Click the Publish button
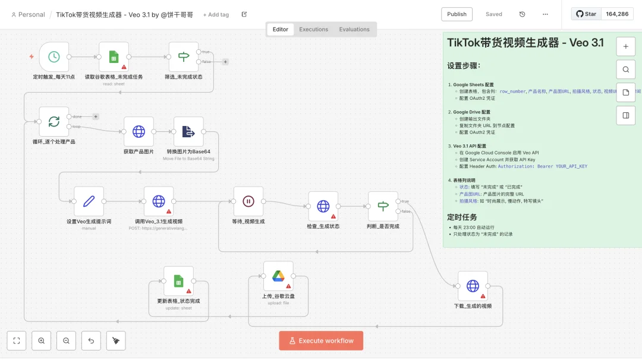pos(457,14)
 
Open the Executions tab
pos(313,29)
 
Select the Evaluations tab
pos(354,29)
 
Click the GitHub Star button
pos(586,14)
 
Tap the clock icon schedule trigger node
pos(54,57)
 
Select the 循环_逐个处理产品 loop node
pos(54,122)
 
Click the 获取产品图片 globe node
pos(139,131)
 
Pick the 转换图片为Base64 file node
pos(188,131)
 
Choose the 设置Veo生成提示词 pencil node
pos(89,201)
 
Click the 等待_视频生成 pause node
pos(248,201)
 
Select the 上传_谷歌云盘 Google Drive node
pos(278,276)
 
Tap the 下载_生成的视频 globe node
pos(473,286)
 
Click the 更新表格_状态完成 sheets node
pos(178,281)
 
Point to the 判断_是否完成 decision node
pos(383,206)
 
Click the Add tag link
pos(216,14)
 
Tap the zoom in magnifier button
pos(42,341)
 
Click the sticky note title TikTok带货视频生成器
pos(525,43)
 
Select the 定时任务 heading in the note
pos(462,217)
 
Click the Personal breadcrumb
pos(29,14)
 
